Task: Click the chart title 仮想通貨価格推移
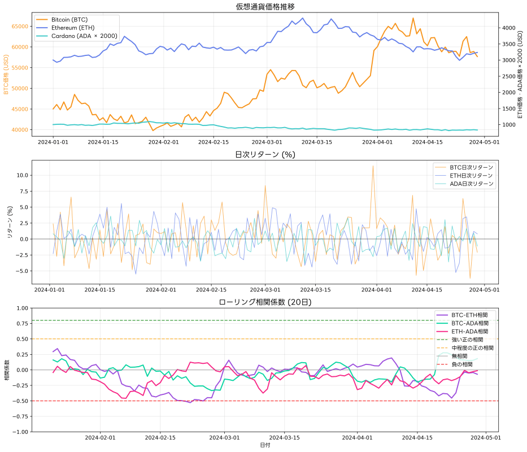pos(265,7)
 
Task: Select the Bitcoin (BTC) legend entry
pos(68,19)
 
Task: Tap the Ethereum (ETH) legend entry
pos(70,28)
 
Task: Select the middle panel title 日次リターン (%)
pos(265,154)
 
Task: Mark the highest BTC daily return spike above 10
pos(373,166)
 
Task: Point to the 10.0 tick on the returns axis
pos(21,175)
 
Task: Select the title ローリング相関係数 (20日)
pos(265,302)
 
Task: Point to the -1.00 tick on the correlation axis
pos(18,432)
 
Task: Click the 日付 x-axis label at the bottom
pos(265,446)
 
